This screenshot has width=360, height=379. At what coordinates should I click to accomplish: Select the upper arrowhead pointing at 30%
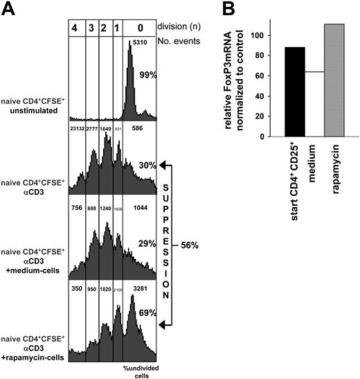(165, 165)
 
